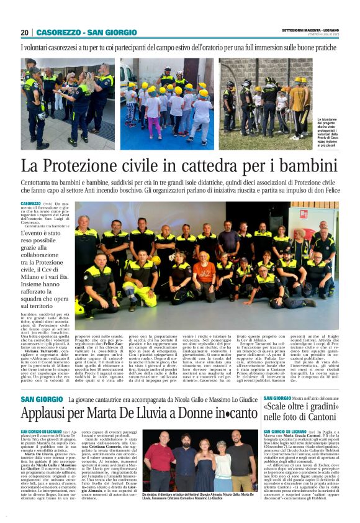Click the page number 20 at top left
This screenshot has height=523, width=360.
pos(25,32)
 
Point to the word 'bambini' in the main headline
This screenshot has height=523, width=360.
pos(305,166)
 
